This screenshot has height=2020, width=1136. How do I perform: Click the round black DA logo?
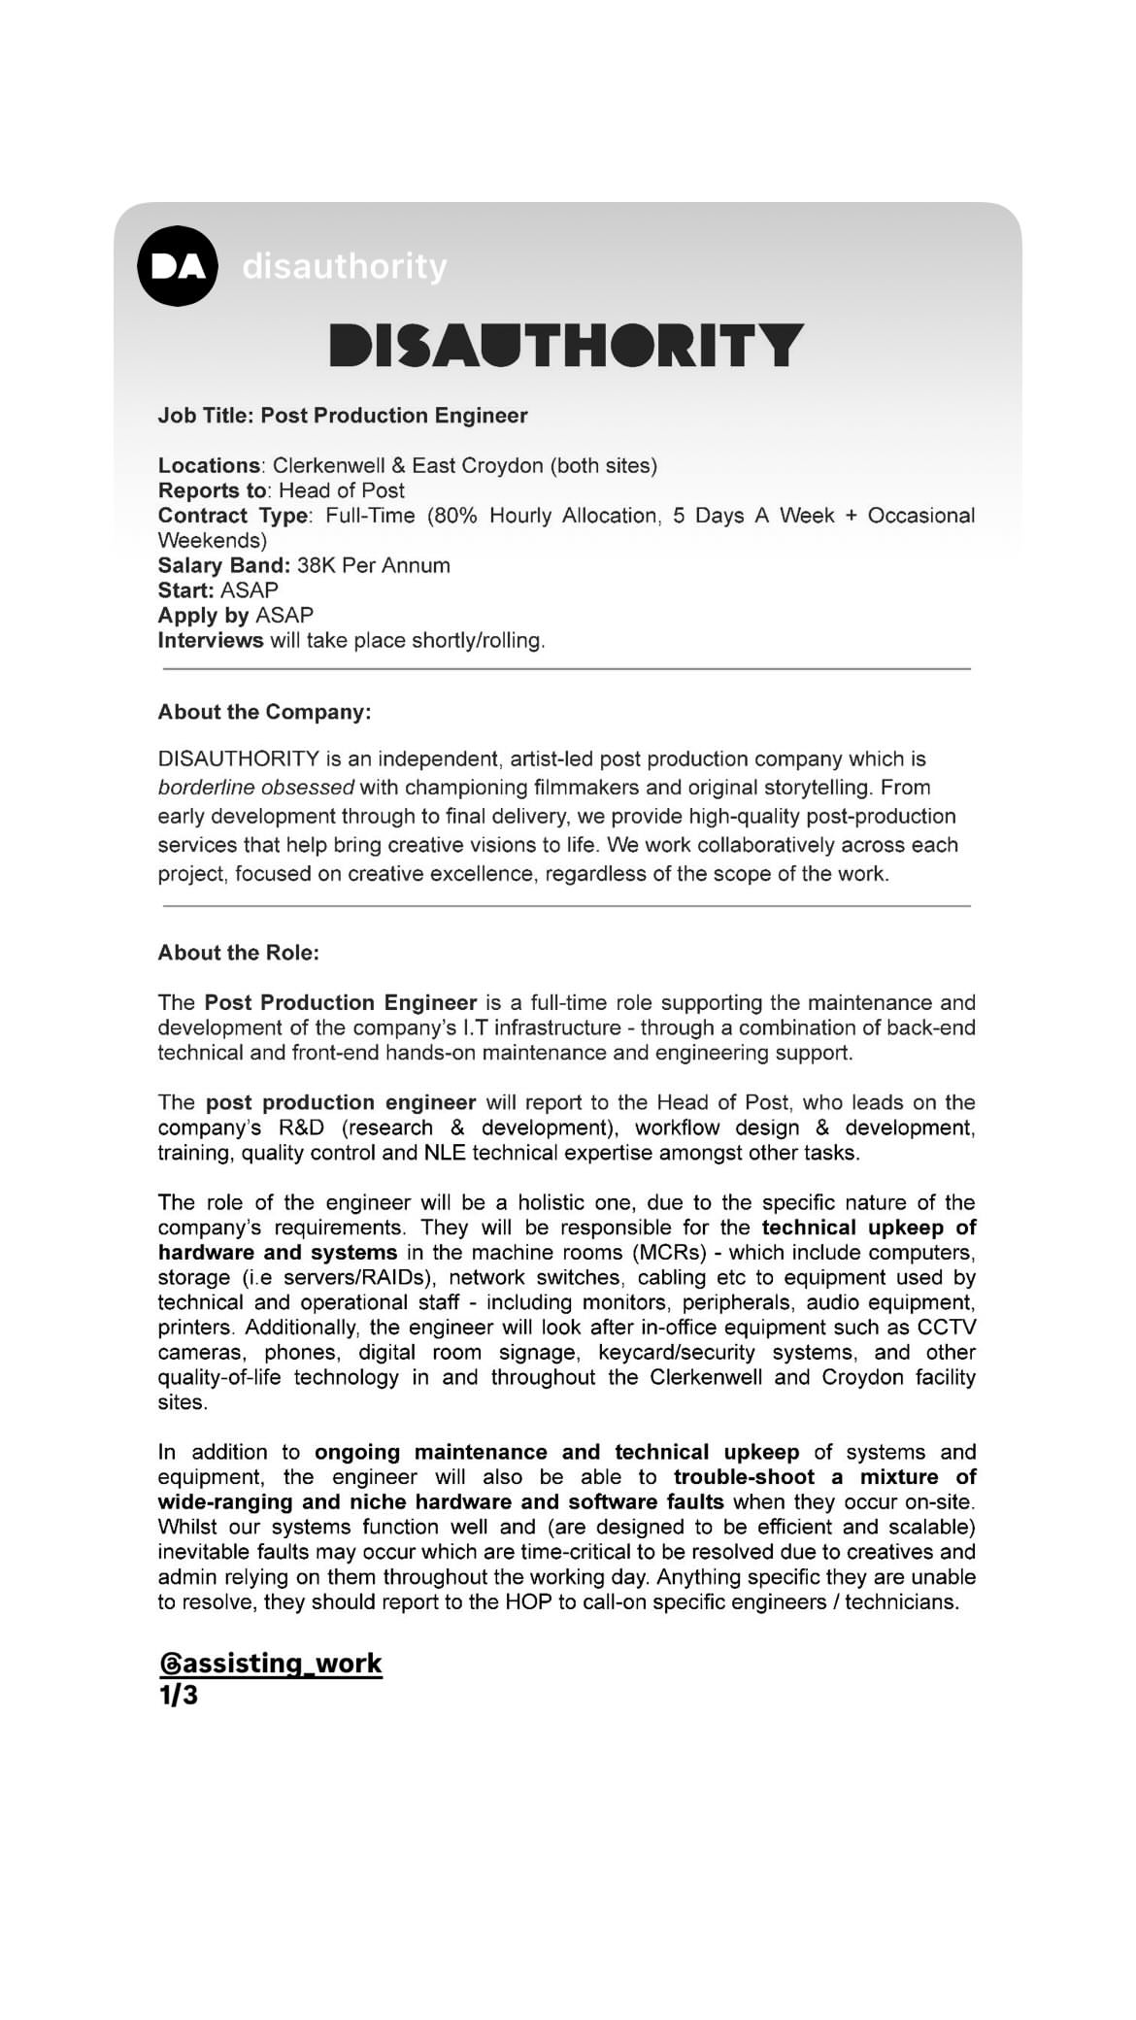coord(178,266)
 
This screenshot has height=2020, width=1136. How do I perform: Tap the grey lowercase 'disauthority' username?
coord(345,266)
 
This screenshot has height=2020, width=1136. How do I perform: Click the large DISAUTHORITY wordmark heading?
coord(567,346)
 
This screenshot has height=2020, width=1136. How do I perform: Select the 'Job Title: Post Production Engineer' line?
coord(343,416)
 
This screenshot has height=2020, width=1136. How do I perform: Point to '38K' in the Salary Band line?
coord(317,565)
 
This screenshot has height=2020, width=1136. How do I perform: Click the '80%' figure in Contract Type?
coord(454,516)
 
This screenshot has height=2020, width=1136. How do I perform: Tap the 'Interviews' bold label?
coord(211,641)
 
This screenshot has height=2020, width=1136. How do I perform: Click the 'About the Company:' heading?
coord(264,712)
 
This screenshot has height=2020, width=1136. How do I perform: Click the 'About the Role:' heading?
coord(239,953)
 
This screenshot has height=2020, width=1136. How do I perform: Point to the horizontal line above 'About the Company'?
coord(567,669)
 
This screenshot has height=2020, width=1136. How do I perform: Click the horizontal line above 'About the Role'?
coord(567,906)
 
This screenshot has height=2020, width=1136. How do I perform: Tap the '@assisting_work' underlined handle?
coord(271,1664)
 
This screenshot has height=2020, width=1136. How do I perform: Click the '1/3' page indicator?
coord(178,1696)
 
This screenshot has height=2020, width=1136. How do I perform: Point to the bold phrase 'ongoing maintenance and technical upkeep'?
coord(556,1453)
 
